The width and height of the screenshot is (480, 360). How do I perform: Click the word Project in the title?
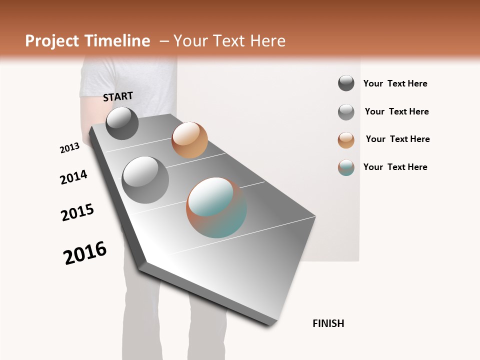51,41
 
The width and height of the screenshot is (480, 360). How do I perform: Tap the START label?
118,96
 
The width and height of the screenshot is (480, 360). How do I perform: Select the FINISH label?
328,323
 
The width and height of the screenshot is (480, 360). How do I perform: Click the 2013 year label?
70,148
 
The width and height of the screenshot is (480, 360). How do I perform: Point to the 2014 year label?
74,177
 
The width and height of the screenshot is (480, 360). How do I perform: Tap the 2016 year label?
85,253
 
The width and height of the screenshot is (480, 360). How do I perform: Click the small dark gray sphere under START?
122,123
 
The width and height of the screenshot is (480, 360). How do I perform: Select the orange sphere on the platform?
189,140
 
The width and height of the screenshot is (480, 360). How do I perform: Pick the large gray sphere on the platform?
145,180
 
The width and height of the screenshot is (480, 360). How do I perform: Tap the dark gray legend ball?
346,83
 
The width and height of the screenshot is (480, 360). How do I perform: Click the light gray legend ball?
346,112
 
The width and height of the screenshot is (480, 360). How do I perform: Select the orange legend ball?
346,140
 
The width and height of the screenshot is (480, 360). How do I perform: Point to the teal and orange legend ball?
346,167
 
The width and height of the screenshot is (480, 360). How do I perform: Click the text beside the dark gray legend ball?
395,83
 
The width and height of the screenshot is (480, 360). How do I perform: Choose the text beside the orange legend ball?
398,139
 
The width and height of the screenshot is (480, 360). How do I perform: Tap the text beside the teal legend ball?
395,167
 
